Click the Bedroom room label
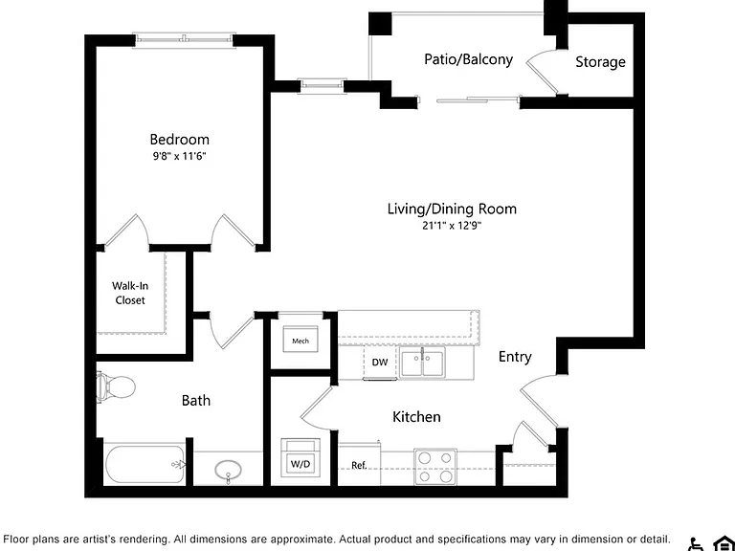(180, 139)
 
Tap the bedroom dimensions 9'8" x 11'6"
(179, 157)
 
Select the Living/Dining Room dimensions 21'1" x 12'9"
(452, 226)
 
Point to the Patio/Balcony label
(468, 59)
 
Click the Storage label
(600, 62)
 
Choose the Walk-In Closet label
(130, 293)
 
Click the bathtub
(145, 465)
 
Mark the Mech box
(301, 340)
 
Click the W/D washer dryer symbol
(301, 457)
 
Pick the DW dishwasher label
(380, 363)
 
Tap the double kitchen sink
(422, 363)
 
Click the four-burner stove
(435, 467)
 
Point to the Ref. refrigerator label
(359, 465)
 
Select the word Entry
(515, 357)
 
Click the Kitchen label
(416, 416)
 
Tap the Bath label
(196, 401)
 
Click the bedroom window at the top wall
(184, 40)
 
